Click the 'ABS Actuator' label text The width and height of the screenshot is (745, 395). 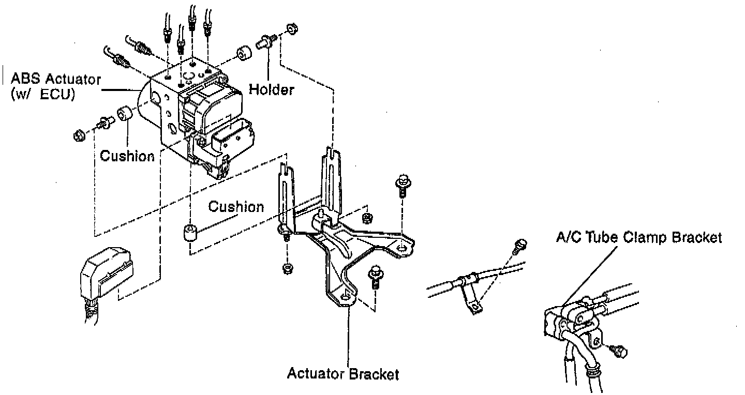[55, 79]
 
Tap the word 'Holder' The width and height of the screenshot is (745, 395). [272, 89]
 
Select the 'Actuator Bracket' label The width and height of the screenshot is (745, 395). [343, 374]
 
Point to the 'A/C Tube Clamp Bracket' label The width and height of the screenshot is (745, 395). [639, 237]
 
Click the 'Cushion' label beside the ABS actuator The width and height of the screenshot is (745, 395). [127, 156]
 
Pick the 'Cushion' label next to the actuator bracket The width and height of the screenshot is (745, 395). [236, 206]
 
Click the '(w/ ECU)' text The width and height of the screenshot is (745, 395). [43, 95]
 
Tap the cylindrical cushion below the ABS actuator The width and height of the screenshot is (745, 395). [190, 233]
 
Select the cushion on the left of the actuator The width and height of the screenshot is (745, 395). [125, 114]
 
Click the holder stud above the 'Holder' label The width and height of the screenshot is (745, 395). [265, 41]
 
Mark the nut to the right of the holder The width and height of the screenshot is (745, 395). [292, 28]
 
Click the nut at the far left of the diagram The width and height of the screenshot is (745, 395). [79, 135]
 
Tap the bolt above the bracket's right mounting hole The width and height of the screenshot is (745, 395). [403, 185]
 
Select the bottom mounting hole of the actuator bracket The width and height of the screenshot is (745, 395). [346, 296]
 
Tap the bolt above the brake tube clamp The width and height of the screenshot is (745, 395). [519, 246]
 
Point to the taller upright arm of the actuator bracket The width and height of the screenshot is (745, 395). [331, 181]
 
